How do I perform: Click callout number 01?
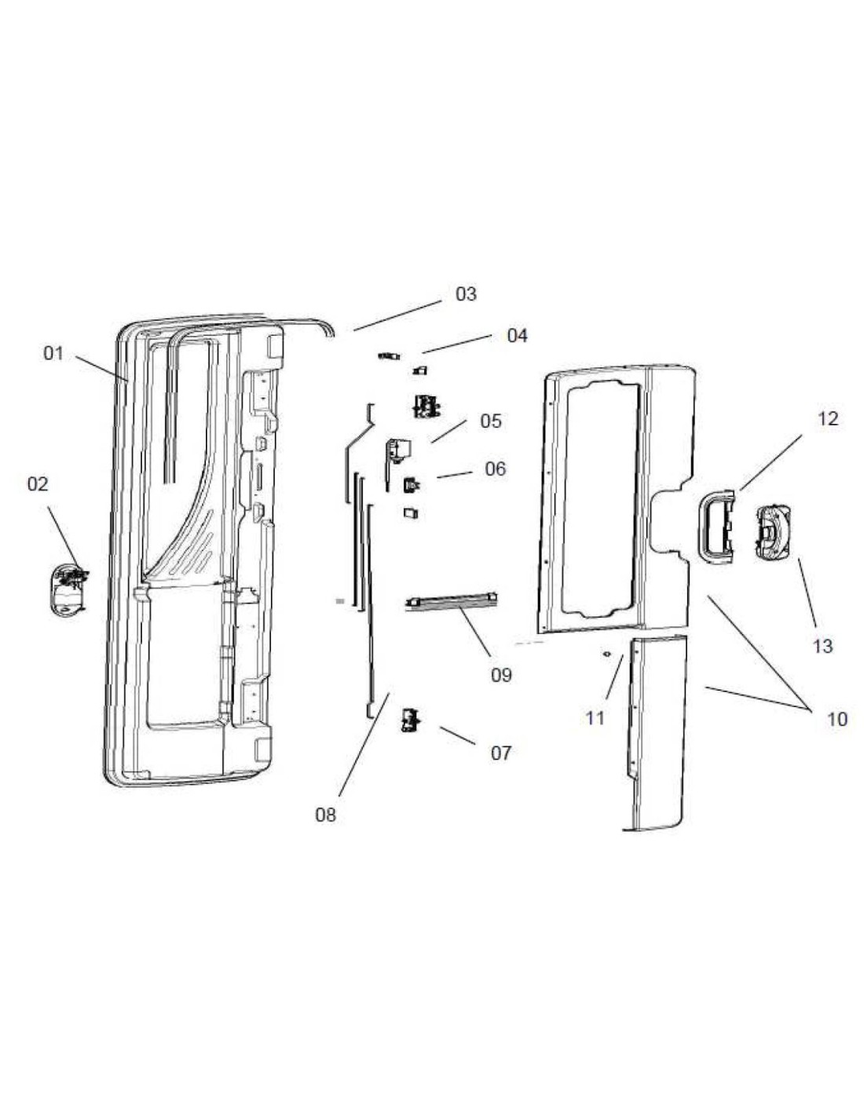tap(53, 353)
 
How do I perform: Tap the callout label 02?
tap(38, 484)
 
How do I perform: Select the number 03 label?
tap(466, 294)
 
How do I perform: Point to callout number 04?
tap(517, 336)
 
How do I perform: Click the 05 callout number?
tap(491, 421)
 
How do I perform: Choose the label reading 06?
tap(495, 469)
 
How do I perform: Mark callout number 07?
tap(500, 753)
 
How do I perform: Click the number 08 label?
tap(325, 815)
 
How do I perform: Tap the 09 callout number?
tap(501, 675)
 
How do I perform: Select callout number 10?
tap(837, 719)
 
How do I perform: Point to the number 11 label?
tap(595, 717)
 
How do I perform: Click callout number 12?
tap(828, 418)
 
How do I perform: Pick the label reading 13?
tap(822, 647)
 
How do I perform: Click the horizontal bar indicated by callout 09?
tap(452, 601)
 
